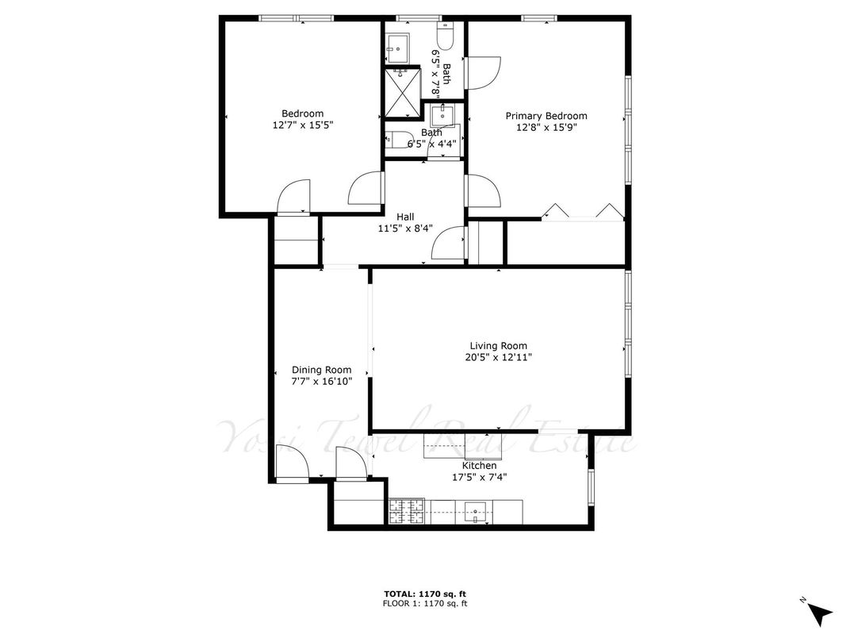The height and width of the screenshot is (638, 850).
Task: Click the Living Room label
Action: [x=498, y=346]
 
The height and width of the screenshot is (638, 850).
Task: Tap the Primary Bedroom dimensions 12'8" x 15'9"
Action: [x=546, y=128]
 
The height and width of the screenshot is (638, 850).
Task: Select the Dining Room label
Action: [x=321, y=370]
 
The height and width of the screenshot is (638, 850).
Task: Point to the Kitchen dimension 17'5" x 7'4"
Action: [x=479, y=478]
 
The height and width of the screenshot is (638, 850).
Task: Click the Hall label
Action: [x=405, y=217]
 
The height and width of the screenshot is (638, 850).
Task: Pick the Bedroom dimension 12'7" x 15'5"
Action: [x=302, y=125]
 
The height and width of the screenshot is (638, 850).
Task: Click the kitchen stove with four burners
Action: [x=406, y=512]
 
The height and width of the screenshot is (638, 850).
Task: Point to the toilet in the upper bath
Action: [x=446, y=35]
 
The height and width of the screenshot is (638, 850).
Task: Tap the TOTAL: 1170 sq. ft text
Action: [x=425, y=594]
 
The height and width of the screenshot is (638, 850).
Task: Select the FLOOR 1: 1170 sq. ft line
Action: [x=425, y=603]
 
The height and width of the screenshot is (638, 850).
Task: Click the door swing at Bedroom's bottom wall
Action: [x=293, y=196]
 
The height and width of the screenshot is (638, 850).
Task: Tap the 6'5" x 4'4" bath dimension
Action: [x=432, y=144]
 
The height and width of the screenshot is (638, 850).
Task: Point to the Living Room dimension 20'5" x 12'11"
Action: [x=498, y=357]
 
